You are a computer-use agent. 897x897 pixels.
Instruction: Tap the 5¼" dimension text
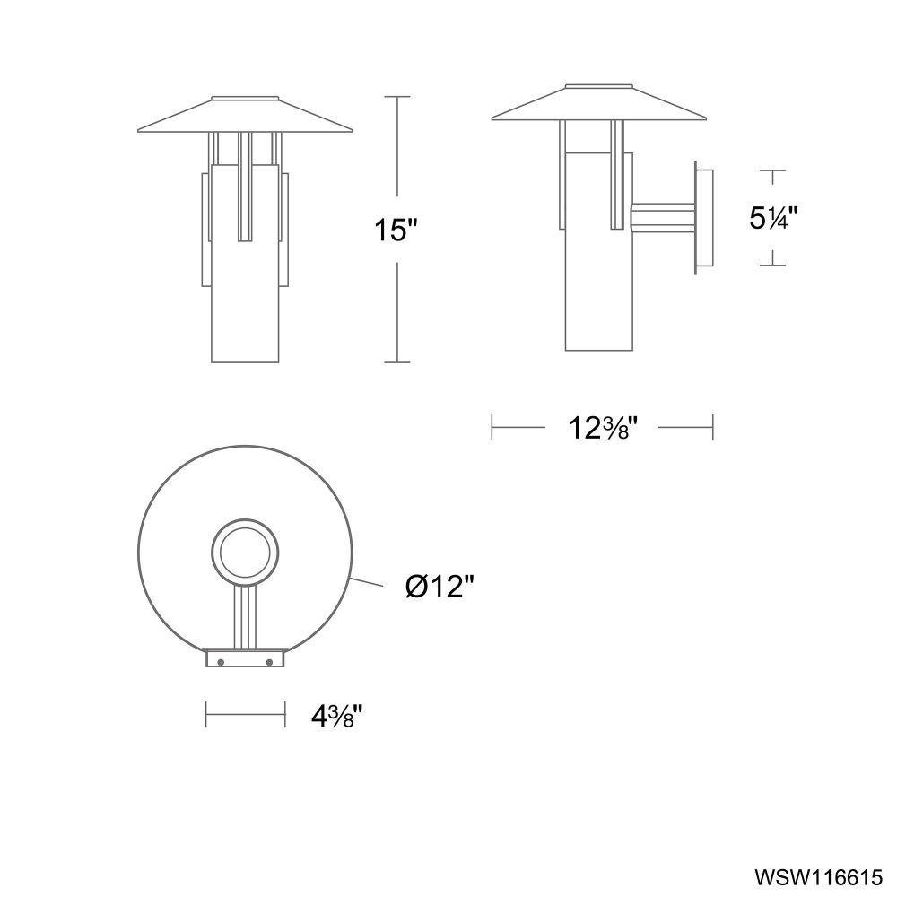click(773, 217)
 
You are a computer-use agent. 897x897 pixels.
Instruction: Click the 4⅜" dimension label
click(337, 716)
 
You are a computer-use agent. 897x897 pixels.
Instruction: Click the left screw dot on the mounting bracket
click(221, 662)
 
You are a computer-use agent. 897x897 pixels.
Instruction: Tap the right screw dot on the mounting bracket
click(269, 662)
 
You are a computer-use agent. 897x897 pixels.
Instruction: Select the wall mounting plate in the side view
click(703, 218)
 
